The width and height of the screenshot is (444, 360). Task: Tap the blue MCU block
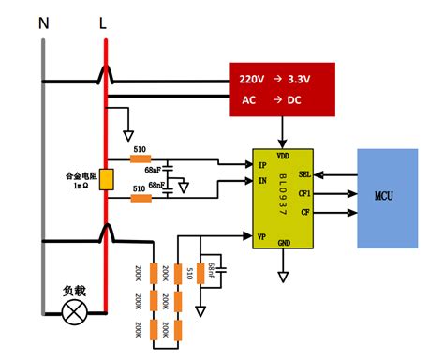387,198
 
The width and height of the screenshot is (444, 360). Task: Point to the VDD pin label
284,155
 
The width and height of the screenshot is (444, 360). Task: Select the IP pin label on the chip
263,165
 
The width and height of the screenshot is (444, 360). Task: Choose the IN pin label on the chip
263,180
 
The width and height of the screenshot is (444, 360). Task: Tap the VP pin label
263,236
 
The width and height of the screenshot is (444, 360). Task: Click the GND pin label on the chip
285,243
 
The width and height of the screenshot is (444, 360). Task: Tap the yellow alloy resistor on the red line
108,181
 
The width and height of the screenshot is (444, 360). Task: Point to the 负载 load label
74,291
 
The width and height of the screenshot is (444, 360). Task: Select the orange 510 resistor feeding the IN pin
141,198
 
